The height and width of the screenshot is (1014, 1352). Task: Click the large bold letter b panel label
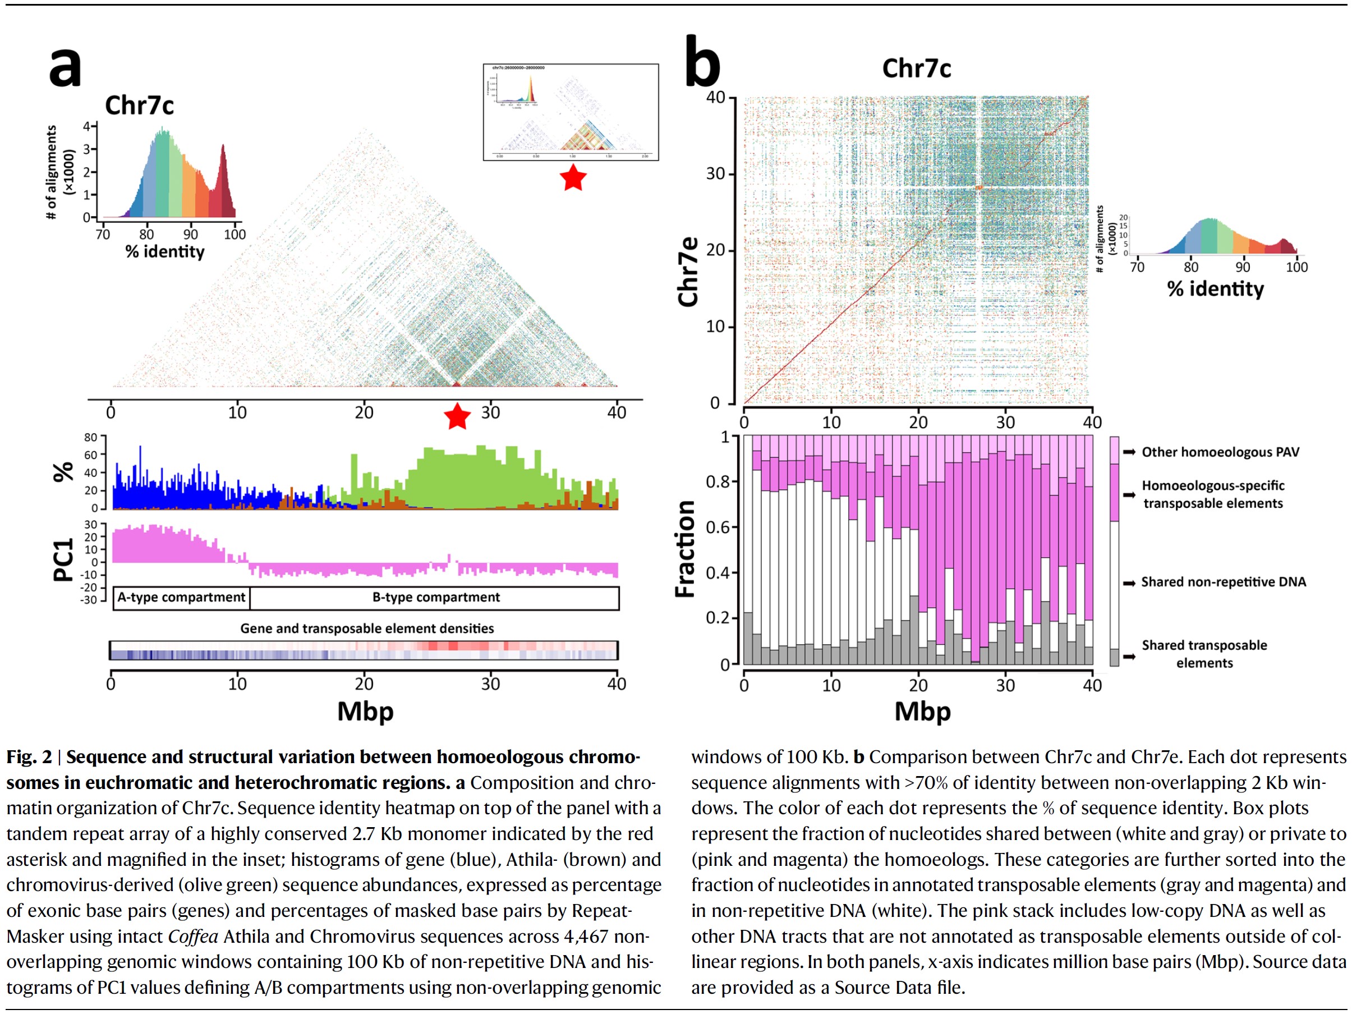702,62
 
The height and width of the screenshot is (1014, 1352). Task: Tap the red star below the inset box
573,178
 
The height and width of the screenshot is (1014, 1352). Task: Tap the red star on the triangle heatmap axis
457,417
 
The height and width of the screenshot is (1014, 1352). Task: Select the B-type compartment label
436,597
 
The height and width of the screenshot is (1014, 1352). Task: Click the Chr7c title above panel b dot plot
916,68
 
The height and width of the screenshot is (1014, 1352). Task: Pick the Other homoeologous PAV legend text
1220,452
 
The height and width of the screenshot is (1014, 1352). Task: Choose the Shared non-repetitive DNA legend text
1223,582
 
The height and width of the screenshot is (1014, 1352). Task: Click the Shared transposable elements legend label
1204,654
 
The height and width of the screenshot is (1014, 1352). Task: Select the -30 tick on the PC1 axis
89,600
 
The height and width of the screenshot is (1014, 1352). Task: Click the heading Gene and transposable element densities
367,628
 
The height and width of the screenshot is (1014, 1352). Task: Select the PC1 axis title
63,559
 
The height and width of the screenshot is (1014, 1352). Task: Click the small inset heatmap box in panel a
571,112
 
